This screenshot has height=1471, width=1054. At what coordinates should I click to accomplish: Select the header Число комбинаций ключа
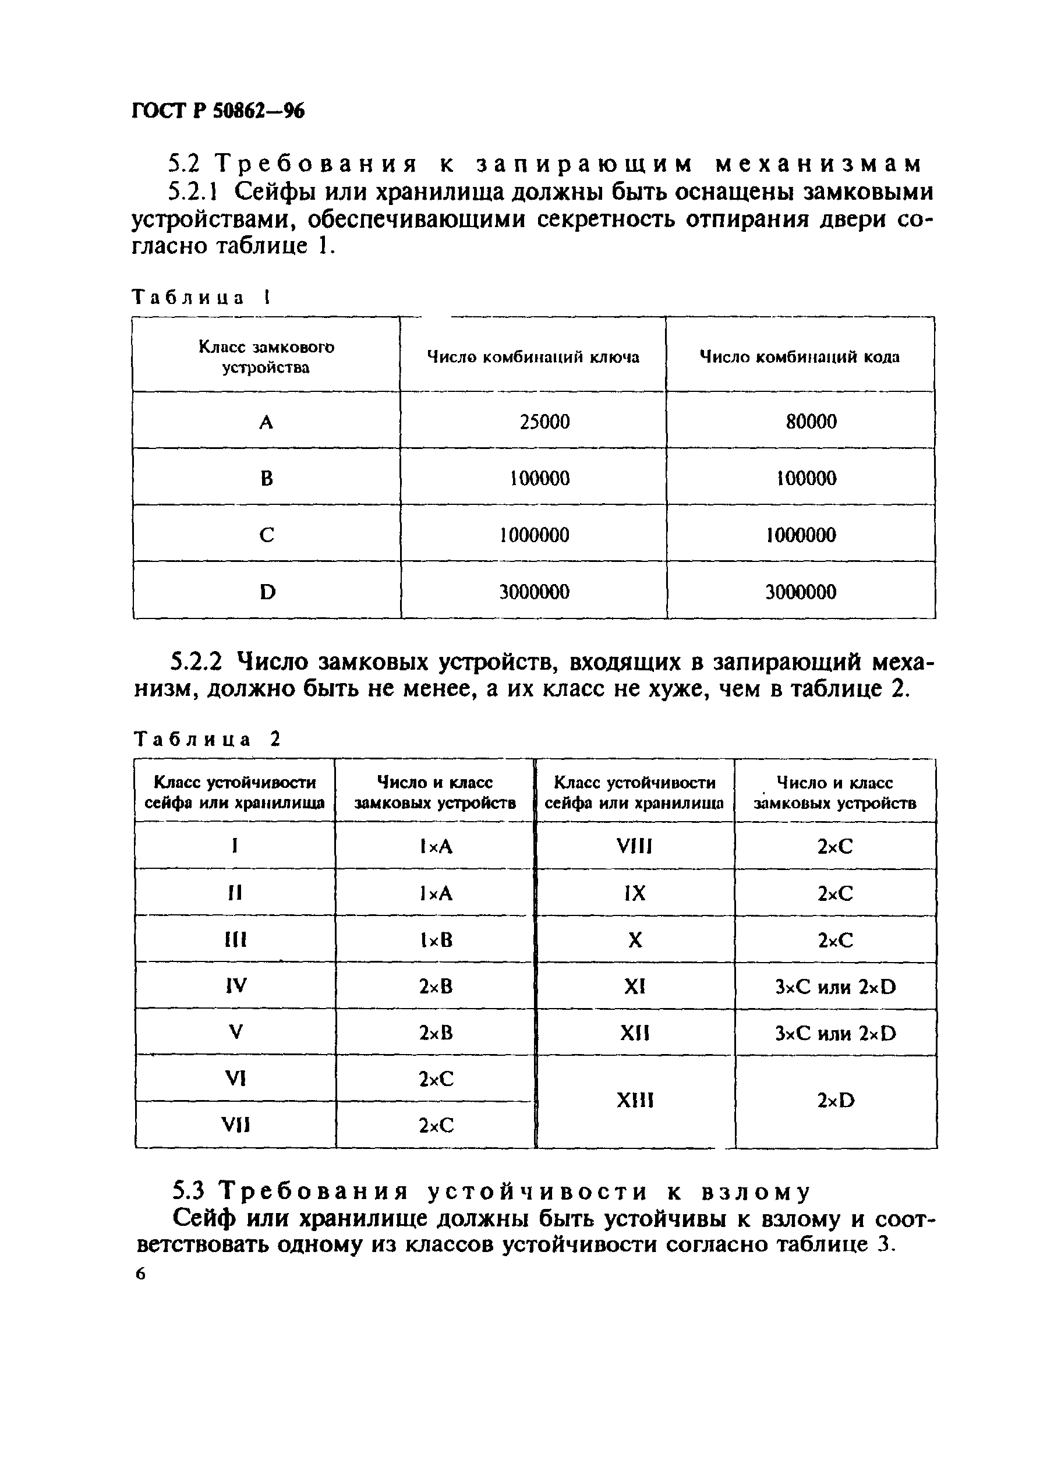click(532, 357)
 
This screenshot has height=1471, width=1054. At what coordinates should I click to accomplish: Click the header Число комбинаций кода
click(799, 357)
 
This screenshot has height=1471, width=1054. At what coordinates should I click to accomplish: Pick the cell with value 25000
click(544, 422)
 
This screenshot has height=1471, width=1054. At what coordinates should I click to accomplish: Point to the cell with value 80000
click(811, 422)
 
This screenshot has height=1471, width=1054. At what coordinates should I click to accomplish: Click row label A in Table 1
click(266, 423)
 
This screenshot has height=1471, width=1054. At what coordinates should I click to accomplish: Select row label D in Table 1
click(267, 592)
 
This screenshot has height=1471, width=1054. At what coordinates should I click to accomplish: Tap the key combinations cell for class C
click(535, 535)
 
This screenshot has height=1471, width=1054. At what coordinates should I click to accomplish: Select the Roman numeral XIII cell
click(634, 1100)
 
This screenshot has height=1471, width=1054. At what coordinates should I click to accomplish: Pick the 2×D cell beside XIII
click(836, 1100)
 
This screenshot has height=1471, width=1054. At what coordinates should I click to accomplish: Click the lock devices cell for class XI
click(836, 986)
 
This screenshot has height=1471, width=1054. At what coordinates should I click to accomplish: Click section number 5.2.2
click(196, 662)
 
